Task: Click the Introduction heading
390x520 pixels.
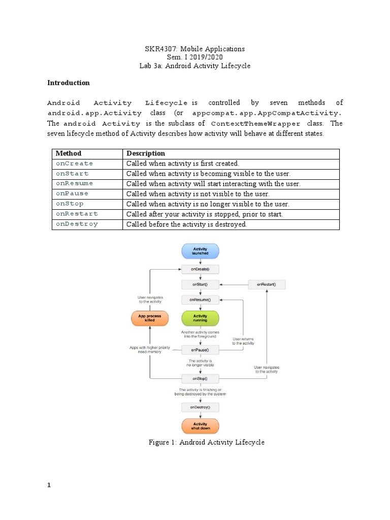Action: click(69, 83)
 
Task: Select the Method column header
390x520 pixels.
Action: click(69, 153)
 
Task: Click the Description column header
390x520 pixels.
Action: click(146, 153)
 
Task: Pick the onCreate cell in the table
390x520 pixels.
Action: click(75, 164)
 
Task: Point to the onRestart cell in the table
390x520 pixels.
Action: click(77, 214)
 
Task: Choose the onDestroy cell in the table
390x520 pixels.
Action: click(77, 224)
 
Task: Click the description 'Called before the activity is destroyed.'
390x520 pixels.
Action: click(186, 224)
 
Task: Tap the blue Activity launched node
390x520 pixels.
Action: click(200, 250)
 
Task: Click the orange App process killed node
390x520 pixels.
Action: click(150, 318)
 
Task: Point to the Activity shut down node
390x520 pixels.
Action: click(200, 426)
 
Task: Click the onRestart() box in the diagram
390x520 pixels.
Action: click(267, 284)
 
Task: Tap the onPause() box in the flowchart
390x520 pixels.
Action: click(200, 350)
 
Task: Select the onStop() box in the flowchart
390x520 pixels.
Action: click(200, 378)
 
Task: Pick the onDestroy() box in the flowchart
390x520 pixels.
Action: click(200, 407)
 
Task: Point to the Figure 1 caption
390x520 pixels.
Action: click(206, 442)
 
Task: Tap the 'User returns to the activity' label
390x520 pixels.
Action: click(243, 341)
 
